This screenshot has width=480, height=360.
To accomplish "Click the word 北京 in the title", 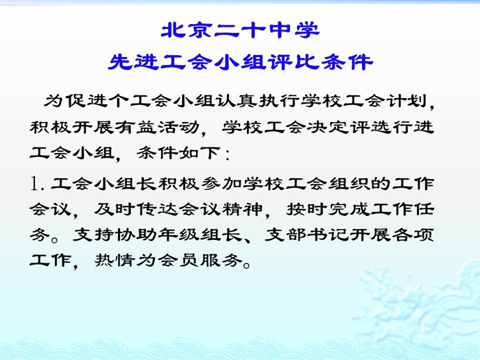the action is tap(187, 30).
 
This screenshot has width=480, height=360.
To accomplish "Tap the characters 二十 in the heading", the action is tap(240, 30).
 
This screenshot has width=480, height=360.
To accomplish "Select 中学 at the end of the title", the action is tap(294, 30).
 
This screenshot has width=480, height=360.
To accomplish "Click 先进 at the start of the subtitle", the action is tap(133, 62).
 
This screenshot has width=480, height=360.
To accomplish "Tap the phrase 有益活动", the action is tap(158, 127).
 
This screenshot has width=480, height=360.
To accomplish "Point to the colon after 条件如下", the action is tap(227, 154).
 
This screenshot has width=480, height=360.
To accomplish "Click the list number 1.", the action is tap(34, 183).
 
